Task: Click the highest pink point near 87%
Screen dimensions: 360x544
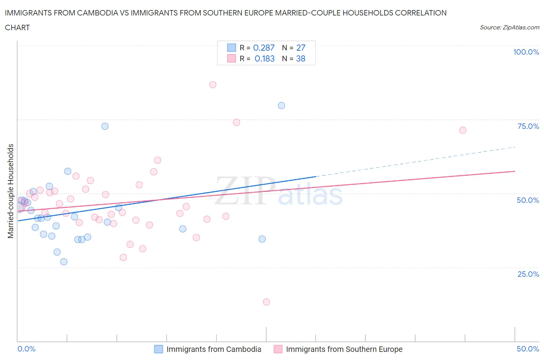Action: pos(212,85)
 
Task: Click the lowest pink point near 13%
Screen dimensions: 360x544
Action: pos(266,302)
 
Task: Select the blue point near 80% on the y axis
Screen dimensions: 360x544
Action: pos(281,106)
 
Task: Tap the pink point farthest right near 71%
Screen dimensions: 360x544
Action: pos(463,130)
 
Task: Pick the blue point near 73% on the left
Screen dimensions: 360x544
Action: pos(105,126)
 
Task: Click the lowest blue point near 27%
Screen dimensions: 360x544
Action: pos(64,262)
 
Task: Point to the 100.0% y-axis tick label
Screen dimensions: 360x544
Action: pos(526,52)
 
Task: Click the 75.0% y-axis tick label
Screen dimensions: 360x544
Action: pos(528,126)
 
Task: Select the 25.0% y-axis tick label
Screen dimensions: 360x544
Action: pos(528,274)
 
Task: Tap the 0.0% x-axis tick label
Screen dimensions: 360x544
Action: pos(27,349)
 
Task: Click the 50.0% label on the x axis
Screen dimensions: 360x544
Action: pos(528,349)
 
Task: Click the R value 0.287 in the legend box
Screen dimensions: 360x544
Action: pos(263,48)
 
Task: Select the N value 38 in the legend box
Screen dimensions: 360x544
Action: pos(301,58)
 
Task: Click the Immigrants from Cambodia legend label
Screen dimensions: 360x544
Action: pos(214,349)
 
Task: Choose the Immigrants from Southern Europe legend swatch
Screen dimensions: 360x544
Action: pos(278,349)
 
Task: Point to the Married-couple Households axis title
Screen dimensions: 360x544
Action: pos(11,191)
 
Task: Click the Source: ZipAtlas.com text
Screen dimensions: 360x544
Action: pos(509,27)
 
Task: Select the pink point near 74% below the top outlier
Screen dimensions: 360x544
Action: pos(236,122)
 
